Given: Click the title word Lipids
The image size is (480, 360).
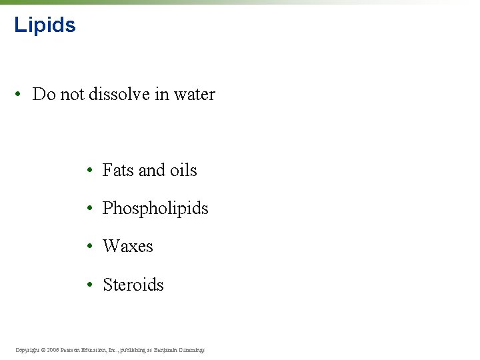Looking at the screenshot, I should pos(45,25).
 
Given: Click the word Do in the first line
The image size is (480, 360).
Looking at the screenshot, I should pos(43,95).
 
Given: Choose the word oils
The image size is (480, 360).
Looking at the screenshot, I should pos(183,171).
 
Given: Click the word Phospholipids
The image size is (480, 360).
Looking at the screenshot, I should pos(155,209).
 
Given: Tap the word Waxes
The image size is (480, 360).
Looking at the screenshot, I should pos(128,247).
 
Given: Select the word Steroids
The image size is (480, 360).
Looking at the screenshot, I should pos(133,285).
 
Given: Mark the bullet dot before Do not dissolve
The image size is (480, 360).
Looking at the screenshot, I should pos(22,95).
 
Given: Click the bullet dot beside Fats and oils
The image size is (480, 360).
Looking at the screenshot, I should pos(89,171).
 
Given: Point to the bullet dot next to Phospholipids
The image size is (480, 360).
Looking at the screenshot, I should pos(89,209).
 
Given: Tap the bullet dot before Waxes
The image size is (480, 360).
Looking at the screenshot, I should pos(89,247).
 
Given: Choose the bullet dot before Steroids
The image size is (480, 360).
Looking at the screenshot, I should pos(89,285).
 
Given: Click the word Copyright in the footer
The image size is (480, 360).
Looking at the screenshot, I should pos(27,350).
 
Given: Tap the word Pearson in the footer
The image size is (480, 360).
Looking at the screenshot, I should pos(74,350).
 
